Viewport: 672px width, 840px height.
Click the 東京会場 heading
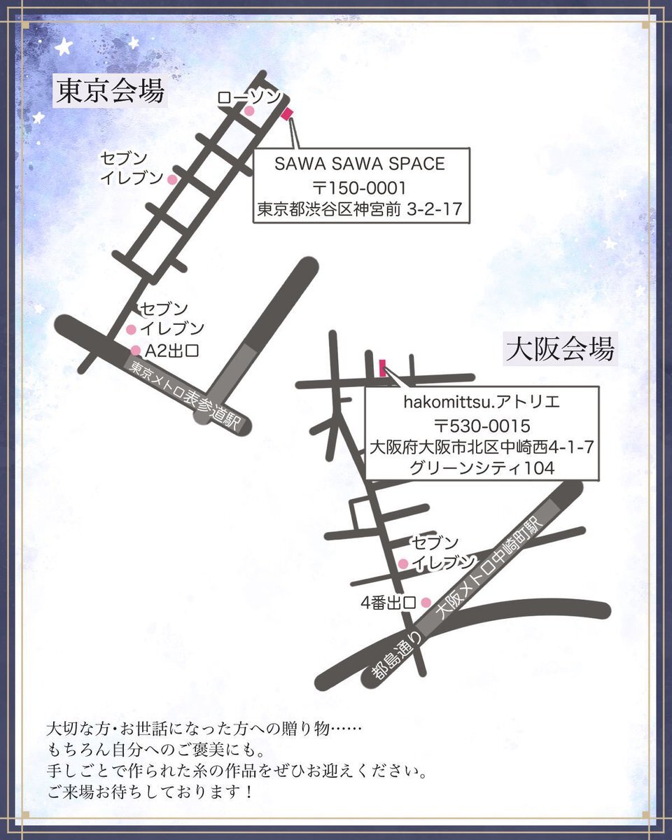point(111,91)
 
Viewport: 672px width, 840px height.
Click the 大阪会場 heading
point(560,349)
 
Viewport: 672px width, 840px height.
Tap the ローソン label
point(248,97)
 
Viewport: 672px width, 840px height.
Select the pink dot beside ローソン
point(249,111)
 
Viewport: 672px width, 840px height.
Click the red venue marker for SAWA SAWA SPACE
point(287,114)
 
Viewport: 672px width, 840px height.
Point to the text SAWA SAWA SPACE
point(360,164)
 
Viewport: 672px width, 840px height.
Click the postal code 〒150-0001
point(360,188)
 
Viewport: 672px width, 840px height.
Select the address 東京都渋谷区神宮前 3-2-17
point(360,209)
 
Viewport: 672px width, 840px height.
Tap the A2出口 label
point(171,351)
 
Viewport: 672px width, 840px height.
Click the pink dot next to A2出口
point(136,350)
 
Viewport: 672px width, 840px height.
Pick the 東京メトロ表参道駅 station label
point(183,397)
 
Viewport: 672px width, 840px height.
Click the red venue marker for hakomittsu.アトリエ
point(383,368)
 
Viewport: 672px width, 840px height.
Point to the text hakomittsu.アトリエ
point(482,402)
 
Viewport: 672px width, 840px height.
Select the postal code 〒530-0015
point(482,426)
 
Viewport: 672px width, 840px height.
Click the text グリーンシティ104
point(482,468)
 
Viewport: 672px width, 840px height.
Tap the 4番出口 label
point(388,603)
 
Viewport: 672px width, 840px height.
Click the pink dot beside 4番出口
point(426,603)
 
